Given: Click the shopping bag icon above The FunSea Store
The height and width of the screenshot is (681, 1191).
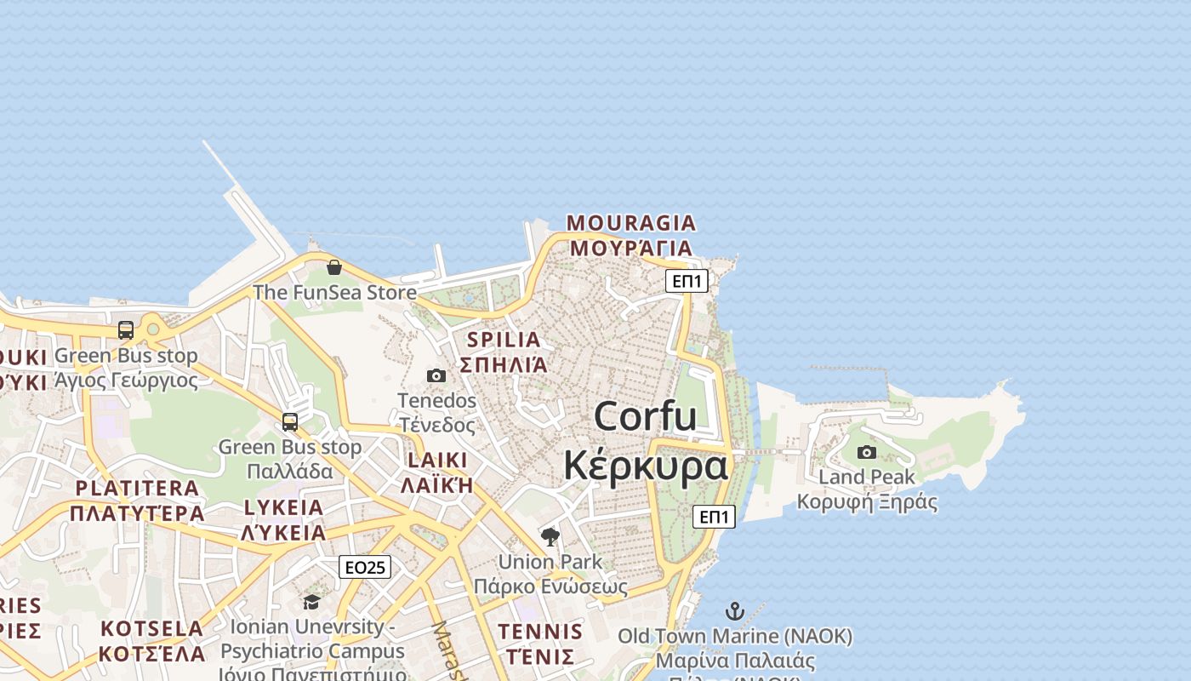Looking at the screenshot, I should (334, 267).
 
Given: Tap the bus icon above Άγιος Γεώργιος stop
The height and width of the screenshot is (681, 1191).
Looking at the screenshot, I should (126, 329).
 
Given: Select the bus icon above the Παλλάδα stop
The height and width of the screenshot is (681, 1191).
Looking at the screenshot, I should (290, 421).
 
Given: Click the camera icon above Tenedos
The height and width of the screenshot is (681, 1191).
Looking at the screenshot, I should (436, 375).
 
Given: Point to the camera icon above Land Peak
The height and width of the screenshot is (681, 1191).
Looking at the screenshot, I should (867, 452).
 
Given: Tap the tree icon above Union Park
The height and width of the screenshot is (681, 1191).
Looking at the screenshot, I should (550, 536).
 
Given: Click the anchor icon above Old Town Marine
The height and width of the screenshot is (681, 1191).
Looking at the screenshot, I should (734, 610).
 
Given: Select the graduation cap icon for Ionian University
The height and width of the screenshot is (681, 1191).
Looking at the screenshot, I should (311, 602).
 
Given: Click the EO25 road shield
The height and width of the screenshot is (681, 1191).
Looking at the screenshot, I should (365, 567).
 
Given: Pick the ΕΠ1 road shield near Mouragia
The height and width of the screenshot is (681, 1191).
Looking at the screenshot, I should (687, 281).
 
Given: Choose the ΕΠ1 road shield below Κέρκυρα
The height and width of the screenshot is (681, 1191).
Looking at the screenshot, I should (714, 516).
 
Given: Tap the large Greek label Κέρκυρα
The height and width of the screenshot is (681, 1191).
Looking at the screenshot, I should (646, 466).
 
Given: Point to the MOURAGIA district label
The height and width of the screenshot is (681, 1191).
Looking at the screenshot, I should (631, 224).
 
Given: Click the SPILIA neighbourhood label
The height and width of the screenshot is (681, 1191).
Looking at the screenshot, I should (504, 340).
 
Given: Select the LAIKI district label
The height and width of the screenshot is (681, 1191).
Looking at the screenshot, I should (437, 461).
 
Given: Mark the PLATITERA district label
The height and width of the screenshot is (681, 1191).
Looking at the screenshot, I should (137, 489).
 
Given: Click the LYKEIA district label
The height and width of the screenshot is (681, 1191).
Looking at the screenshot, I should (283, 508).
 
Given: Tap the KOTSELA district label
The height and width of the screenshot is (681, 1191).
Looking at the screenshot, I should (152, 629).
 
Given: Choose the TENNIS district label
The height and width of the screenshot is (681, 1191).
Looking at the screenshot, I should (540, 632).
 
